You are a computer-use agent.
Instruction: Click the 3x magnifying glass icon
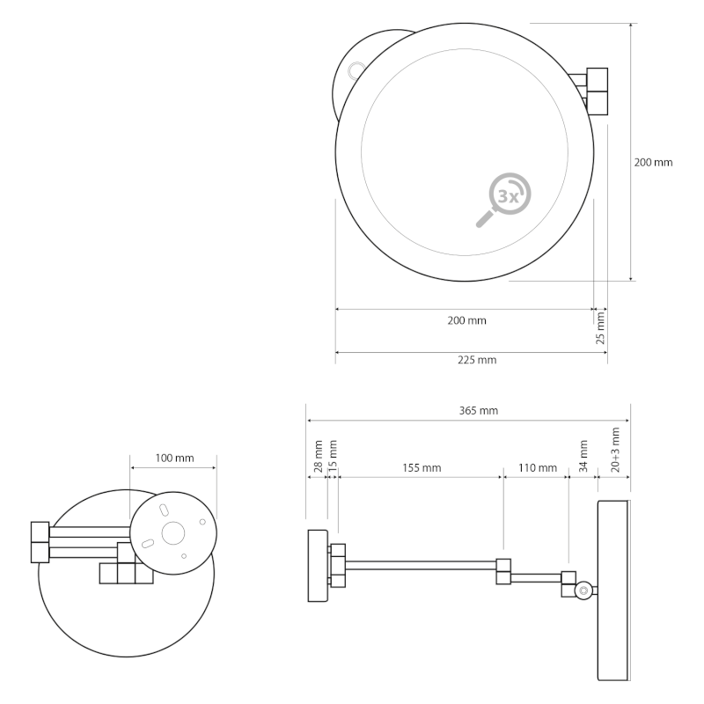point(505,198)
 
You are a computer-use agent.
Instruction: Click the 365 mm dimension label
point(478,411)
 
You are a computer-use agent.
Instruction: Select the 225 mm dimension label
point(477,360)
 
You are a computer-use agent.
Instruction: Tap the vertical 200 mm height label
point(653,162)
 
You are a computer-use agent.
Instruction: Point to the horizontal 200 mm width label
point(466,320)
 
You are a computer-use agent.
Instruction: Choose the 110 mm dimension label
point(537,467)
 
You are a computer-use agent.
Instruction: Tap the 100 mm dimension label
point(174,458)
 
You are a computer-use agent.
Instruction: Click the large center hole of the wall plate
point(172,532)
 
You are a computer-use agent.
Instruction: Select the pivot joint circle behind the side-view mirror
point(583,591)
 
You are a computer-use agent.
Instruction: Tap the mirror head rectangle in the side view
point(613,590)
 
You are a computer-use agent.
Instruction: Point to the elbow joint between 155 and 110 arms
point(503,571)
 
